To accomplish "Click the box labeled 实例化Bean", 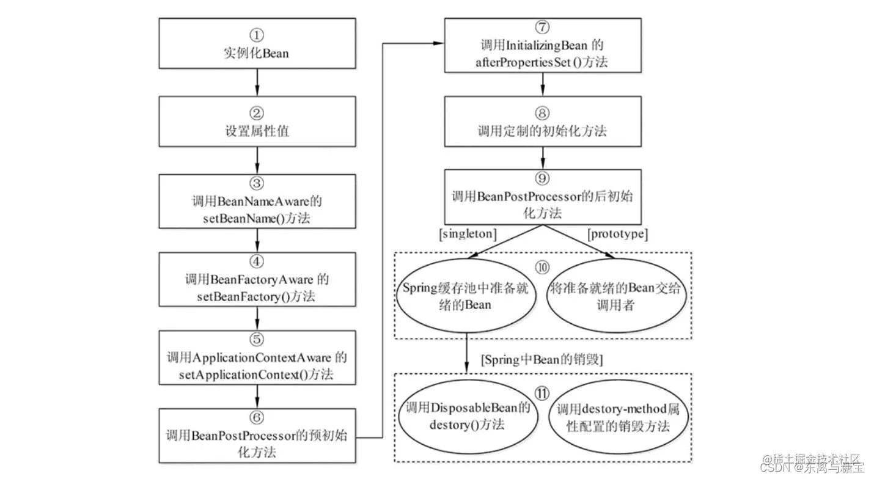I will pyautogui.click(x=257, y=44).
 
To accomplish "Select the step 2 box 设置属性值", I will pyautogui.click(x=257, y=122).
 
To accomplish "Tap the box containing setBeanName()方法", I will pyautogui.click(x=257, y=200).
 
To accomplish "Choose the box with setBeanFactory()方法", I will pyautogui.click(x=257, y=279).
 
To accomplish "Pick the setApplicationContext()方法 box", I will pyautogui.click(x=257, y=357).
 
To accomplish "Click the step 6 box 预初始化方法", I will pyautogui.click(x=257, y=435).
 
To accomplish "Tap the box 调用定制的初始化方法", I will pyautogui.click(x=542, y=122).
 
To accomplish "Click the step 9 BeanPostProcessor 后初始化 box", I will pyautogui.click(x=542, y=197).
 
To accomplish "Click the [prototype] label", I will pyautogui.click(x=617, y=234).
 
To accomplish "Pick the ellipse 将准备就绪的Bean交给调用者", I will pyautogui.click(x=616, y=296).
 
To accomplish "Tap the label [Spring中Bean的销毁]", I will pyautogui.click(x=542, y=360).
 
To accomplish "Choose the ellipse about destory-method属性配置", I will pyautogui.click(x=616, y=418).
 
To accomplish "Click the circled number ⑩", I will pyautogui.click(x=542, y=269).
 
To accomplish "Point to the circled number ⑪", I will pyautogui.click(x=542, y=393).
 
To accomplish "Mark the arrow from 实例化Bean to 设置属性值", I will pyautogui.click(x=257, y=81).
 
